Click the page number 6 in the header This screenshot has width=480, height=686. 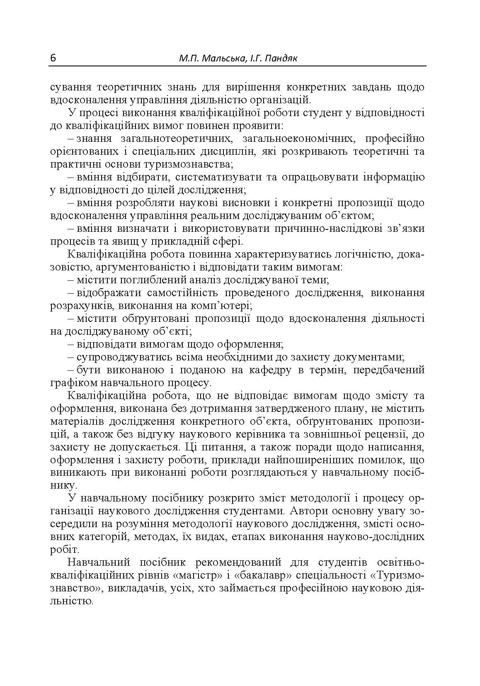(x=53, y=58)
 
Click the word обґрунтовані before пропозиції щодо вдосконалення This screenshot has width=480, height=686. (x=156, y=319)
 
